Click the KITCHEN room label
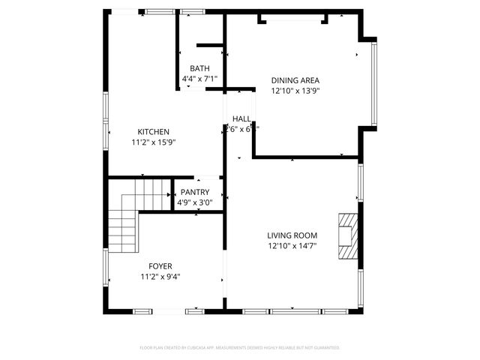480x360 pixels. tap(153, 132)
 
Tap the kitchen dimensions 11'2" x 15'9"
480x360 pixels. tap(153, 142)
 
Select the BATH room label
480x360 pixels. tap(199, 68)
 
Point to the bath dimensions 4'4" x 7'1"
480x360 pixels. tap(199, 78)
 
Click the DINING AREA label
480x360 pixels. tap(296, 80)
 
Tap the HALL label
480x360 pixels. tap(241, 119)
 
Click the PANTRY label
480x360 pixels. tap(195, 192)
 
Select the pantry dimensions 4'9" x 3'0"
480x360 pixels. tap(195, 202)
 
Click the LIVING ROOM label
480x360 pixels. tap(292, 235)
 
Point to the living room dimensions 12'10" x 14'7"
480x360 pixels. tap(292, 245)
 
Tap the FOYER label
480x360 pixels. tap(160, 266)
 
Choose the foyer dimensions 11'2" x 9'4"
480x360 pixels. tap(160, 276)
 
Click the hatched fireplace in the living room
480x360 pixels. tap(348, 235)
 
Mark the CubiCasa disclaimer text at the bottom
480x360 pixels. tap(240, 347)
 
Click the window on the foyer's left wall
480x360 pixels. tap(106, 266)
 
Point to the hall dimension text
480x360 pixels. tap(241, 129)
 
